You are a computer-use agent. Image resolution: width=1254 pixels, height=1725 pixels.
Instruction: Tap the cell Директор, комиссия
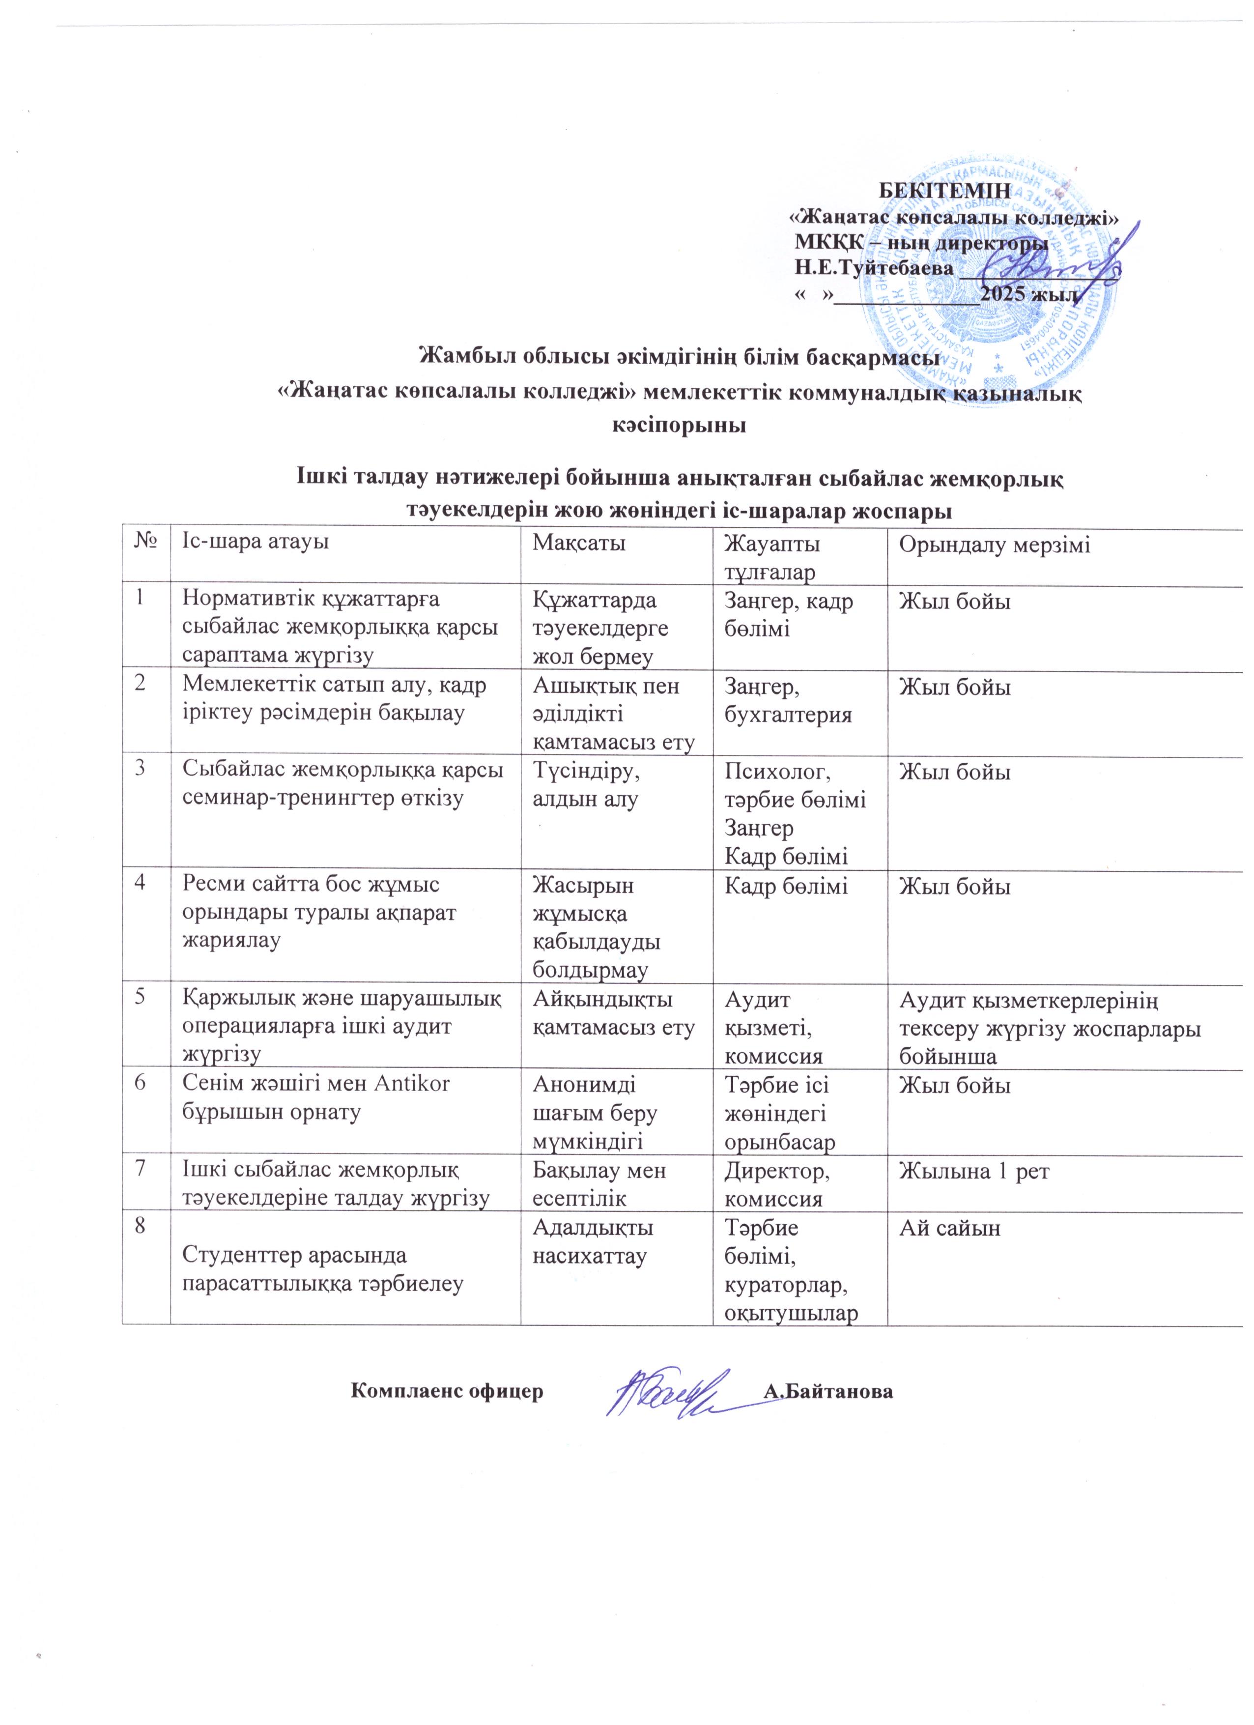coord(777,1185)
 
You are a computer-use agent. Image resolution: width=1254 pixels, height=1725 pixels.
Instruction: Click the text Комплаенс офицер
coord(447,1392)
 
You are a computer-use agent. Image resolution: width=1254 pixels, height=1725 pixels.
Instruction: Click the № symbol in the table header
coord(145,544)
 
